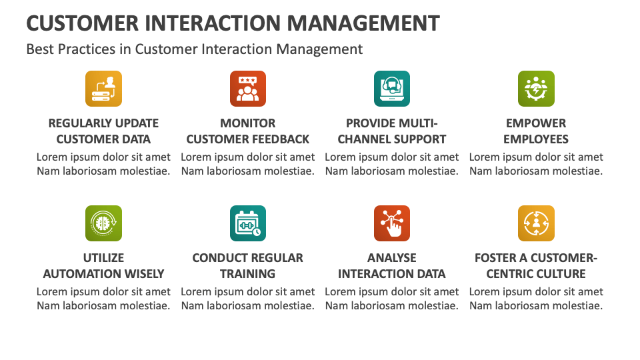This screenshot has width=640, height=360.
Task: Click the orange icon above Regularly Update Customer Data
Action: pos(103,89)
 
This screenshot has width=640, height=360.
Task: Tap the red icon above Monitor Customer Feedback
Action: pos(247,89)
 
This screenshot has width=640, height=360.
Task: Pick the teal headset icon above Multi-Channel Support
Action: pos(392,89)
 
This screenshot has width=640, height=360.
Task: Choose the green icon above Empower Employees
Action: pos(536,89)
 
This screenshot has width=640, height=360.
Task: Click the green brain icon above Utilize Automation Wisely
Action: pos(103,223)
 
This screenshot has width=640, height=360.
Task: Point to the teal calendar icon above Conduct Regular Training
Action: pos(247,223)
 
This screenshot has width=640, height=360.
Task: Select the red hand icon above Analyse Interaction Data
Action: pos(392,223)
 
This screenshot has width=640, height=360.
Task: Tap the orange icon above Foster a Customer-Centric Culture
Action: pos(536,223)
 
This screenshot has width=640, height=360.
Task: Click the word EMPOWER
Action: pos(536,123)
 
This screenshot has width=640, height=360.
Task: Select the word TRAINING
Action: pos(247,274)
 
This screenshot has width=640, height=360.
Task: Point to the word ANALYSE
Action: pos(392,258)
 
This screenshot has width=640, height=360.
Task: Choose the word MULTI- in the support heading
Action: pos(418,123)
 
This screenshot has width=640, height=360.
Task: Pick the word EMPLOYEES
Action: pos(536,139)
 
